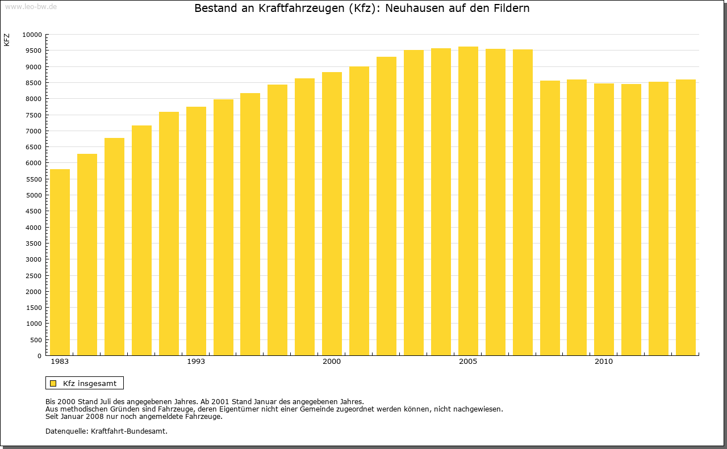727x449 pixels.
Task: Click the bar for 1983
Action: [60, 262]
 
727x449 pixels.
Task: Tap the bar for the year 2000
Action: [332, 213]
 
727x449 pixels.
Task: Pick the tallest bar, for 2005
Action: [468, 201]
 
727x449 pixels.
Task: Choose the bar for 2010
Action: [604, 219]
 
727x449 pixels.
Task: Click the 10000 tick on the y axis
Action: [32, 35]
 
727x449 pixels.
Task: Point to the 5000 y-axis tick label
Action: [34, 195]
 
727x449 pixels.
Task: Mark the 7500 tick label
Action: [34, 115]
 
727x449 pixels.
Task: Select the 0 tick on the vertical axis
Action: [39, 356]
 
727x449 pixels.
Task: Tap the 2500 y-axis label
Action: [34, 276]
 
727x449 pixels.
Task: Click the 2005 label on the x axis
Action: [468, 362]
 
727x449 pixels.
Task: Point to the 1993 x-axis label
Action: [196, 362]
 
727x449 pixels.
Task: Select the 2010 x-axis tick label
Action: [604, 362]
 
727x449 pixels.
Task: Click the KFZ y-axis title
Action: [7, 40]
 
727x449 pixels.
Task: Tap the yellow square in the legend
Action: [53, 384]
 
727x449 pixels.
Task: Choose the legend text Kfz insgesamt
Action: [90, 384]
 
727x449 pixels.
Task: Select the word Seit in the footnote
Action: [53, 416]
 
